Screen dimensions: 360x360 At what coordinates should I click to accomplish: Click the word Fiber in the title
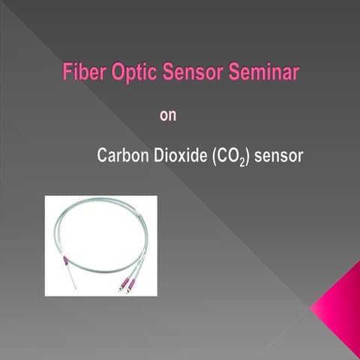[x=83, y=74]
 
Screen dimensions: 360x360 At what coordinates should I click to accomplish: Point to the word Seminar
[x=262, y=74]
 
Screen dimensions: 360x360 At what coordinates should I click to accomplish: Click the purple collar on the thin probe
[x=65, y=260]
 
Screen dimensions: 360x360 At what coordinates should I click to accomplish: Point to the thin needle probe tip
[x=72, y=284]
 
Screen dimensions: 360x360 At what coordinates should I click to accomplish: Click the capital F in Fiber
[x=66, y=74]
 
